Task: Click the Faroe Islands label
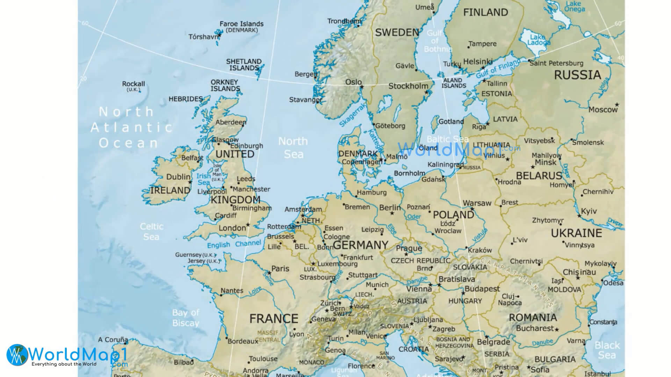pos(241,24)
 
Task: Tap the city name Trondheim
pos(344,21)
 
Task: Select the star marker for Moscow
pos(617,104)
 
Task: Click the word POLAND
pos(453,214)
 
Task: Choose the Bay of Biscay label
pos(186,318)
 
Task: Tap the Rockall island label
pos(133,84)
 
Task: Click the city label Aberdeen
pos(230,122)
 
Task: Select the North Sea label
pos(293,147)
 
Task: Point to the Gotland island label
pos(451,121)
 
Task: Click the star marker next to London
pos(248,224)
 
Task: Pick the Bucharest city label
pos(535,328)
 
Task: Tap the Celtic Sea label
pos(151,231)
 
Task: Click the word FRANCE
pos(274,318)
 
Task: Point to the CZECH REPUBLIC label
pos(420,261)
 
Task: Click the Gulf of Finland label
pos(498,68)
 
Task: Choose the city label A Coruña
pos(113,339)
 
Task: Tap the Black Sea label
pos(607,350)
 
